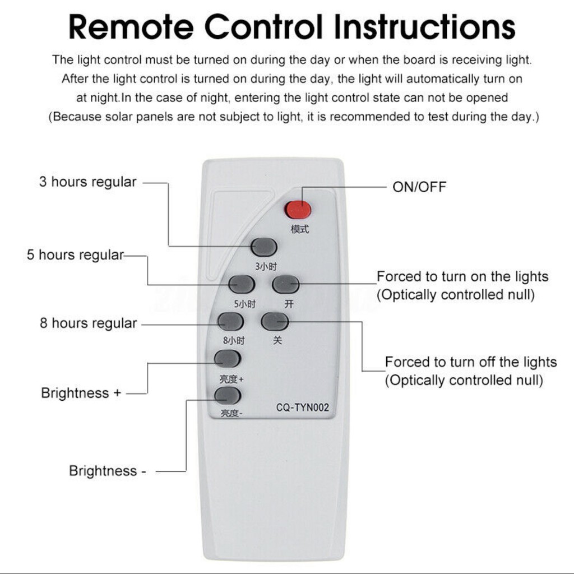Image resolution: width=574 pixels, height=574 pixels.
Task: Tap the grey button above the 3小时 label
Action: (264, 247)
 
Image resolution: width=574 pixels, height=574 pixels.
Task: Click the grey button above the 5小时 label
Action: (242, 284)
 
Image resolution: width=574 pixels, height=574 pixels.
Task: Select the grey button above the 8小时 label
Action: (230, 322)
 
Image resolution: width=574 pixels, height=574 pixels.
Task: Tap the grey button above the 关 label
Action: (275, 321)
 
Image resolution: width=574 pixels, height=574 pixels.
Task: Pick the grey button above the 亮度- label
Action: (228, 395)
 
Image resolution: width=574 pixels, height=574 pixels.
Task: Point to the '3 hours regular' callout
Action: (87, 182)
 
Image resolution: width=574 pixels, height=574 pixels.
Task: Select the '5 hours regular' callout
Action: (75, 255)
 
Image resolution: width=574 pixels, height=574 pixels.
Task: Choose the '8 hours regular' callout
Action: (88, 323)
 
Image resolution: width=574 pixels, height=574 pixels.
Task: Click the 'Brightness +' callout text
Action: (81, 393)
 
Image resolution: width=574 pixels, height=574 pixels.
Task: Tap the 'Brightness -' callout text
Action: (107, 471)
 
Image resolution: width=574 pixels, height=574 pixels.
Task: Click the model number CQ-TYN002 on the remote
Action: (302, 408)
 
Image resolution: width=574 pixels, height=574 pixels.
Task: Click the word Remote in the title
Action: (131, 26)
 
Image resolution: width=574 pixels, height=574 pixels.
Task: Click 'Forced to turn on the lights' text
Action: (462, 277)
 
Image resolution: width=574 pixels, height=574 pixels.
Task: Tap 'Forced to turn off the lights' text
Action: (471, 362)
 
